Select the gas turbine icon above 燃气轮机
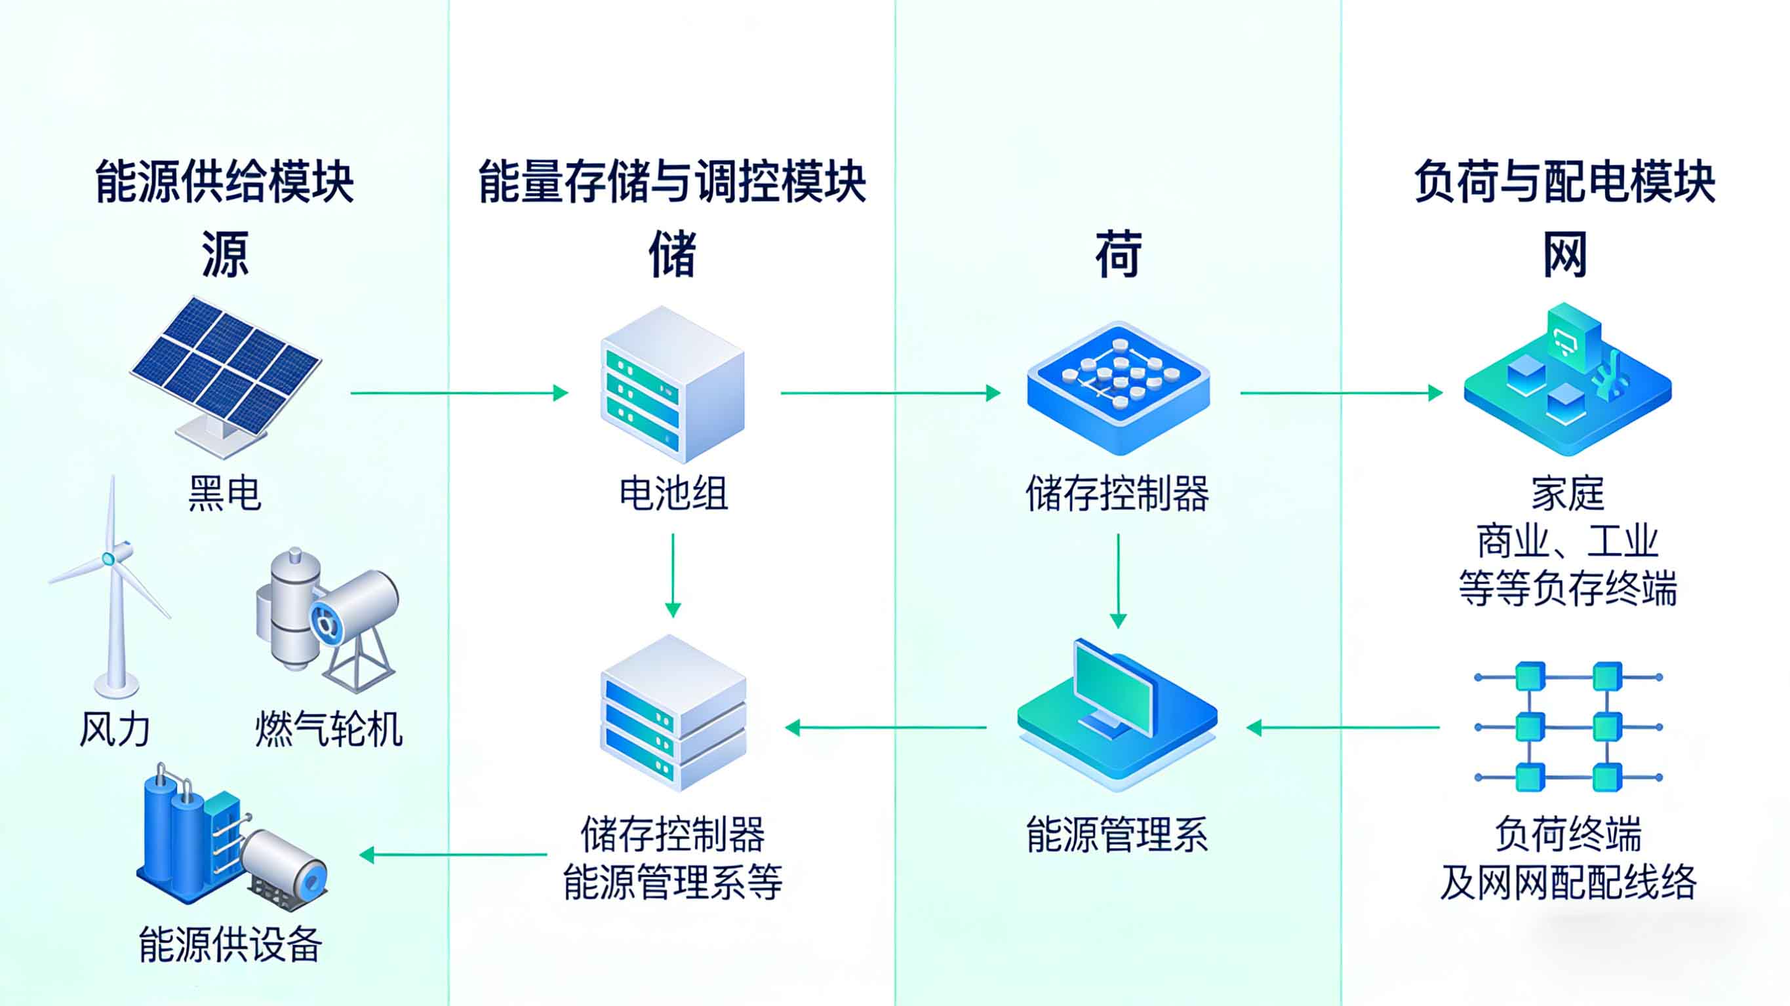tap(327, 618)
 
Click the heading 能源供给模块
tap(224, 182)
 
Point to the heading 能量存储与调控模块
tap(672, 182)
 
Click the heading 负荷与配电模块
tap(1565, 182)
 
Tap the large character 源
tap(224, 254)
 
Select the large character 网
tap(1565, 254)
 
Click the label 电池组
tap(673, 494)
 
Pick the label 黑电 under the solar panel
tap(224, 494)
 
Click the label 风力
tap(115, 729)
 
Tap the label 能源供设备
tap(230, 944)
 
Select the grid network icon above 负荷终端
tap(1568, 727)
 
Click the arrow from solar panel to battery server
tap(458, 393)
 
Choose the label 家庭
tap(1568, 494)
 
